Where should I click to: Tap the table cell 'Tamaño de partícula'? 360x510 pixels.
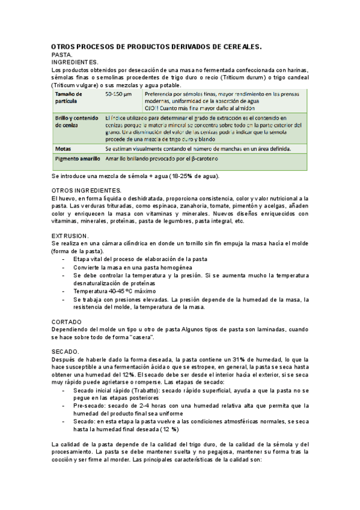pyautogui.click(x=70, y=99)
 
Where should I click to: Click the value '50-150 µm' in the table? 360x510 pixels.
pyautogui.click(x=118, y=95)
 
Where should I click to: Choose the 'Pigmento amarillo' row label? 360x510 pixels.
pyautogui.click(x=78, y=159)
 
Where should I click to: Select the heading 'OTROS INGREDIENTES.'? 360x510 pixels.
pyautogui.click(x=87, y=191)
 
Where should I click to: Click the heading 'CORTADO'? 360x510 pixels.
pyautogui.click(x=67, y=322)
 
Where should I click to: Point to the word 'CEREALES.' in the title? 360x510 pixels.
pyautogui.click(x=239, y=46)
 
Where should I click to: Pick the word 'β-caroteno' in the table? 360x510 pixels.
pyautogui.click(x=203, y=159)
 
